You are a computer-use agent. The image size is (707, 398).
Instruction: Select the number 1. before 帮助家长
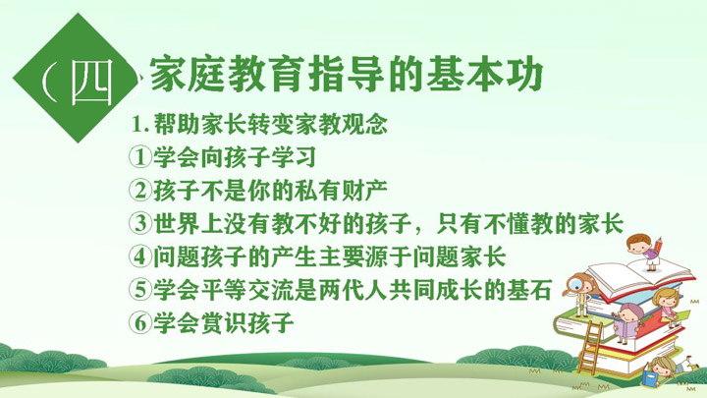(140, 125)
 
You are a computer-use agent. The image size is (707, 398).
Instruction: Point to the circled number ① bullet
(140, 157)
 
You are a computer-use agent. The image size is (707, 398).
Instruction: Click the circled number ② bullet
(140, 191)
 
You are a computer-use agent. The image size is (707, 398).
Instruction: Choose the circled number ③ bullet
(140, 223)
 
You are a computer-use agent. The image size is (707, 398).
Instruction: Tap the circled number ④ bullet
(140, 256)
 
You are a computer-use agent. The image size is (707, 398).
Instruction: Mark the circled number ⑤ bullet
(140, 289)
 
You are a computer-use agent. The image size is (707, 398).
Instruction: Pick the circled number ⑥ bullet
(140, 322)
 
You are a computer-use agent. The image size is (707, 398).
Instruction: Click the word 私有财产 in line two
(341, 191)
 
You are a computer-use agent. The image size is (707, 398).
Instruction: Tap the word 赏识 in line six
(223, 322)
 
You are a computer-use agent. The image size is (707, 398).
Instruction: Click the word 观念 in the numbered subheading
(364, 125)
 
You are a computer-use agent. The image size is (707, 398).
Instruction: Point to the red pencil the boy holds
(659, 247)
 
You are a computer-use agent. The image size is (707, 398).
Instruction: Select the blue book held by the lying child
(650, 378)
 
